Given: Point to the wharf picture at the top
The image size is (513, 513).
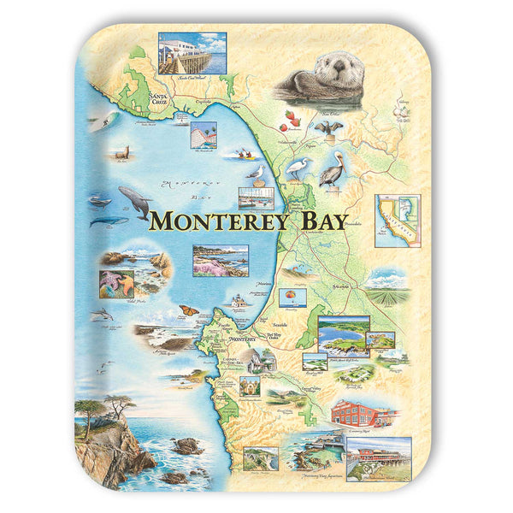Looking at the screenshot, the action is point(192,54).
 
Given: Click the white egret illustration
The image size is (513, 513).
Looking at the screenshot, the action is point(298,167).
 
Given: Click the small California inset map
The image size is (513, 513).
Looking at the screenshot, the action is point(397,219).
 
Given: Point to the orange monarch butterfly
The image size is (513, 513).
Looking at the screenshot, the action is point(189,310).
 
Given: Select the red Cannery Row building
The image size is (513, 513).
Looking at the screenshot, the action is point(361,414).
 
